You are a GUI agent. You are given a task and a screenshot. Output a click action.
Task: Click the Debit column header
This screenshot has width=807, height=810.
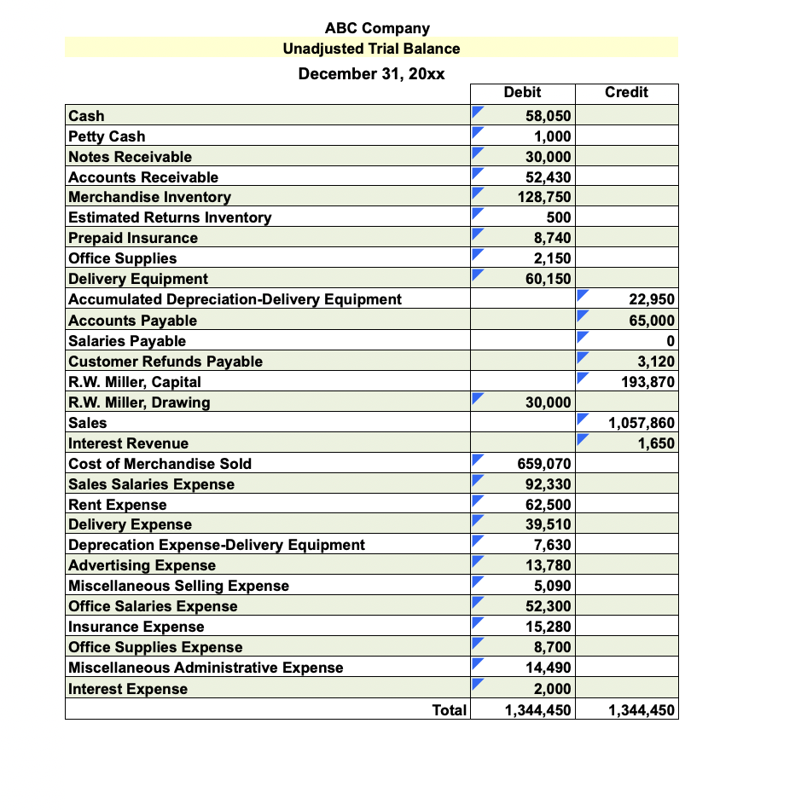(x=522, y=92)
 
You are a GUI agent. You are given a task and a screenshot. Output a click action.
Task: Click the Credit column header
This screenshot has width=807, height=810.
(x=626, y=92)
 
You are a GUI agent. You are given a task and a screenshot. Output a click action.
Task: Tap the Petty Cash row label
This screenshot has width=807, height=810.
(x=107, y=136)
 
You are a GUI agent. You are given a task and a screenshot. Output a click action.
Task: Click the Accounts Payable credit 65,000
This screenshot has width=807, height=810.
(x=652, y=321)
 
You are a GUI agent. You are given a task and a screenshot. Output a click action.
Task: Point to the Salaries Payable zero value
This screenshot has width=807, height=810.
(x=671, y=341)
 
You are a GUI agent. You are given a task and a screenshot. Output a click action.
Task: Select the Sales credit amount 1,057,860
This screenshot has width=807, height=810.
(x=641, y=423)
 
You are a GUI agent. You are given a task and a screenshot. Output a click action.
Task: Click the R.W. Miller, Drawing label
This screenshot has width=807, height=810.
(x=139, y=402)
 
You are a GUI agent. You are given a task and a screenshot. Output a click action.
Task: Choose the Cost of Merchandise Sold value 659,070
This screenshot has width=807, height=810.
(x=544, y=464)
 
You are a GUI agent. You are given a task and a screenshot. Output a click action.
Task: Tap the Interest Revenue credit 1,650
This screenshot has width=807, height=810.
(x=657, y=443)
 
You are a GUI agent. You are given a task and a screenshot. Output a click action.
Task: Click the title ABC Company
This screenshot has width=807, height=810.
(x=377, y=28)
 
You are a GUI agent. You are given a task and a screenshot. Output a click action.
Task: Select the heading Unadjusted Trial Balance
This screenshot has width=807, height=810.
(x=371, y=49)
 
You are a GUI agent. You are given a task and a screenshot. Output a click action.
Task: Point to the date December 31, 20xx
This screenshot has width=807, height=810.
(x=371, y=73)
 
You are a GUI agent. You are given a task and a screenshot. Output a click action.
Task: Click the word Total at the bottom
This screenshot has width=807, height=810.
(x=450, y=709)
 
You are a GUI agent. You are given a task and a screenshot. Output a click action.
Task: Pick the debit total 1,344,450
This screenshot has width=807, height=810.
(x=534, y=709)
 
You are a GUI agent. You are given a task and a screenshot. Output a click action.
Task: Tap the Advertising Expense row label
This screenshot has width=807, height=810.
(x=142, y=566)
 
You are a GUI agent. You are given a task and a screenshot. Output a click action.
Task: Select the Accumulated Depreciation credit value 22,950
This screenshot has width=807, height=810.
(x=652, y=300)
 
